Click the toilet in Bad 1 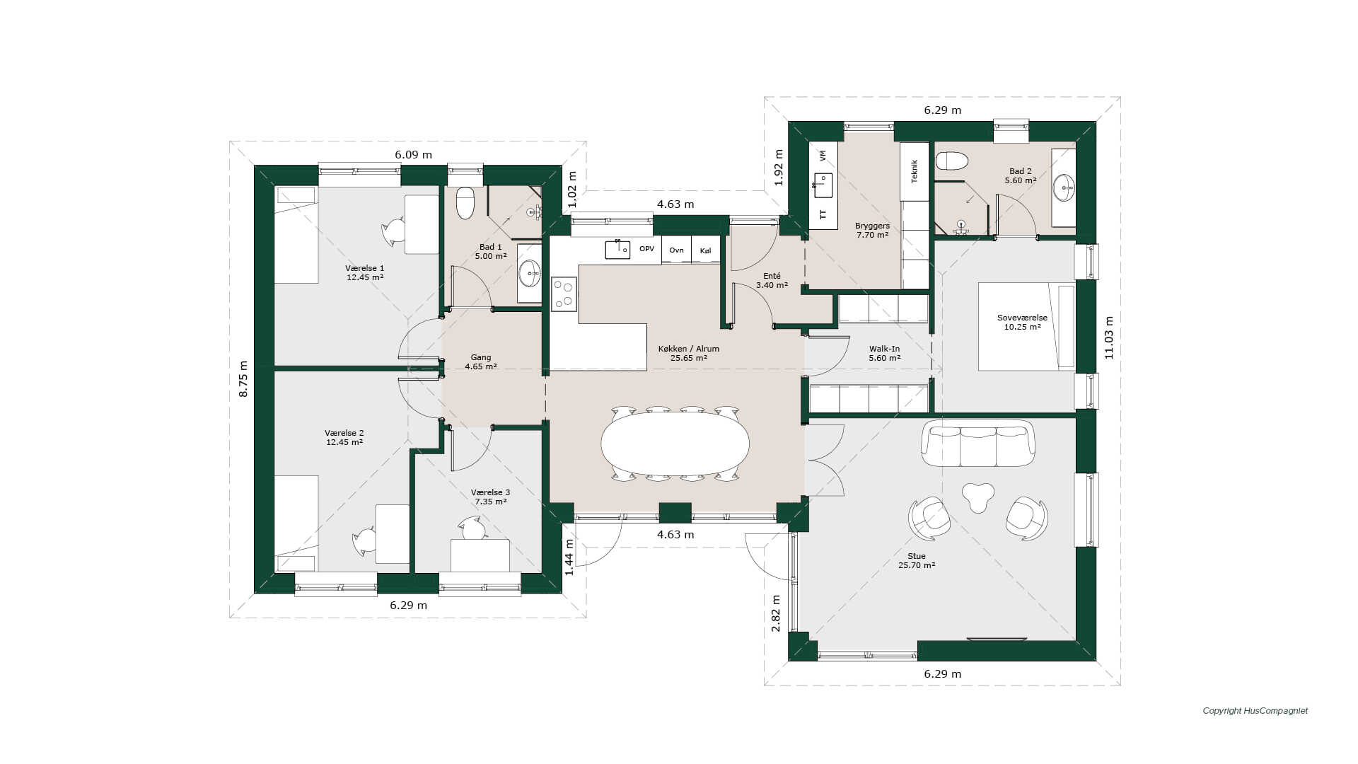point(465,203)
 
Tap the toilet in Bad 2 point(951,161)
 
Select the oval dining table point(675,444)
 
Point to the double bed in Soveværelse point(1026,326)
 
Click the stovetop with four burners point(564,294)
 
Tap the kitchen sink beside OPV point(617,249)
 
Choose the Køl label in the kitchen point(705,250)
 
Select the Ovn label point(676,250)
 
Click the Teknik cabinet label point(914,171)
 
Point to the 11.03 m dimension point(1108,337)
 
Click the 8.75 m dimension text point(243,379)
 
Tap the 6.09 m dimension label point(413,155)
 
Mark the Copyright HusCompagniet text point(1255,711)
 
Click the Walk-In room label point(884,349)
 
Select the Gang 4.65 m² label point(481,362)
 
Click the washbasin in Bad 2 point(1064,188)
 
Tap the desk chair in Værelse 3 point(472,528)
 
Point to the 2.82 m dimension point(776,620)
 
